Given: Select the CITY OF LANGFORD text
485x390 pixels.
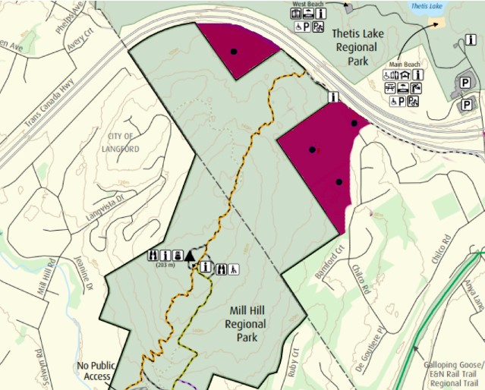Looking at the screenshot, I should tap(120, 142).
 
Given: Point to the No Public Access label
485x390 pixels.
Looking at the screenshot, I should tap(95, 370).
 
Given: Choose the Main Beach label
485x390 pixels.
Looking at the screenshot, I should tap(405, 64).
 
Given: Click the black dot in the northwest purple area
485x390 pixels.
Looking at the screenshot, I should tap(235, 52).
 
